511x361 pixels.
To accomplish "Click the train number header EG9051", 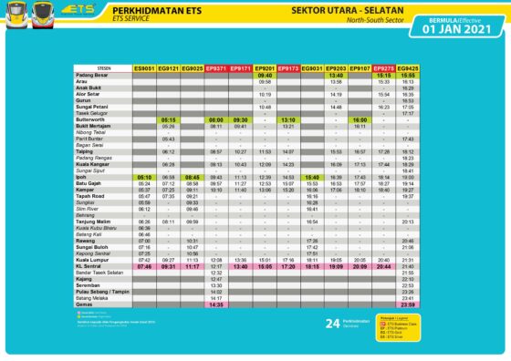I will (144, 68).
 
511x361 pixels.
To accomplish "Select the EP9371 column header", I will (216, 68).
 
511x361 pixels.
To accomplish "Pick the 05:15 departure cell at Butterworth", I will (168, 119).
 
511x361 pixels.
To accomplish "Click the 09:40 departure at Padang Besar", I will (265, 75).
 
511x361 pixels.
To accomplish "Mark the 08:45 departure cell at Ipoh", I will (192, 177).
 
